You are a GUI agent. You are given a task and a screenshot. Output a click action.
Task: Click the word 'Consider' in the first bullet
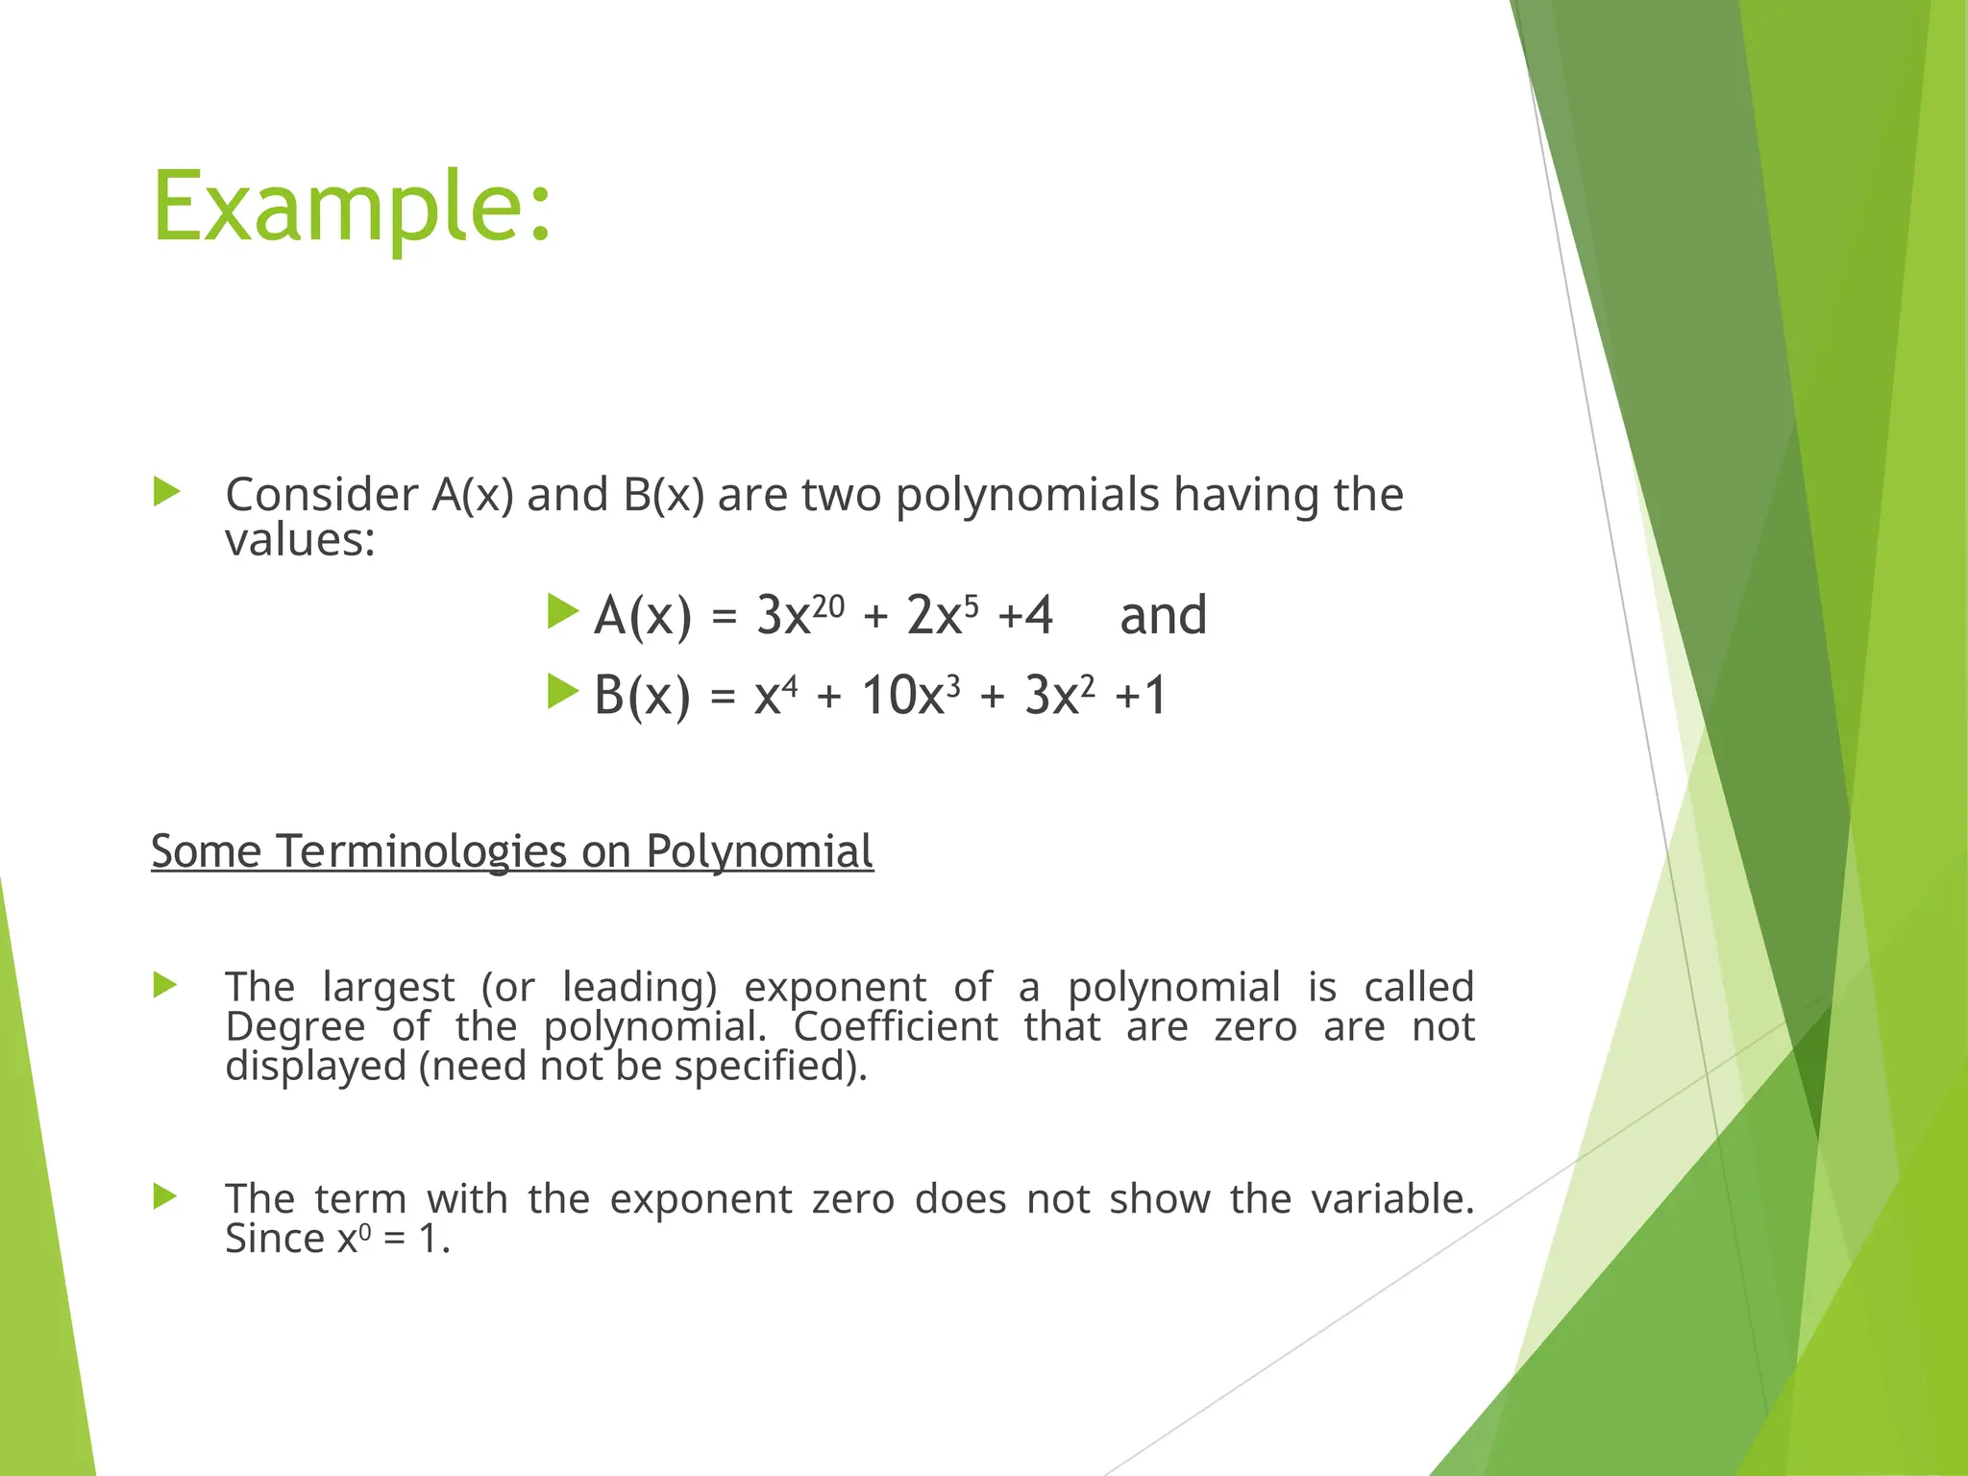click(321, 496)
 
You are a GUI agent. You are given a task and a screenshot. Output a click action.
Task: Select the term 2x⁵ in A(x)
click(943, 615)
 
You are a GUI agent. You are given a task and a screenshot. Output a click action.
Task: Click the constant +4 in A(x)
click(1025, 615)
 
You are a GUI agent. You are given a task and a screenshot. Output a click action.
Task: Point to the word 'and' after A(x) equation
click(1163, 615)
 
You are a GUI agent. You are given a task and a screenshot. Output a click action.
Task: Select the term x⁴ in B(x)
click(775, 695)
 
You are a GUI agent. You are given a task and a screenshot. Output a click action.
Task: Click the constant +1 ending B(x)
click(1141, 695)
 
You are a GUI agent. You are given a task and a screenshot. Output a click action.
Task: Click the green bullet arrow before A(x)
click(562, 611)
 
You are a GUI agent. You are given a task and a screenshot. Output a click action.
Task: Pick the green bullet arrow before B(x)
click(562, 691)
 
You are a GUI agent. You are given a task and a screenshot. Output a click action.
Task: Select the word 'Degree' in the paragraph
click(295, 1027)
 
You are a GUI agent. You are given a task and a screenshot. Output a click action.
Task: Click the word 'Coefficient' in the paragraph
click(896, 1027)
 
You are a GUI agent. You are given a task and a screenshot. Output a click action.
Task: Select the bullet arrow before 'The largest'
click(165, 985)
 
